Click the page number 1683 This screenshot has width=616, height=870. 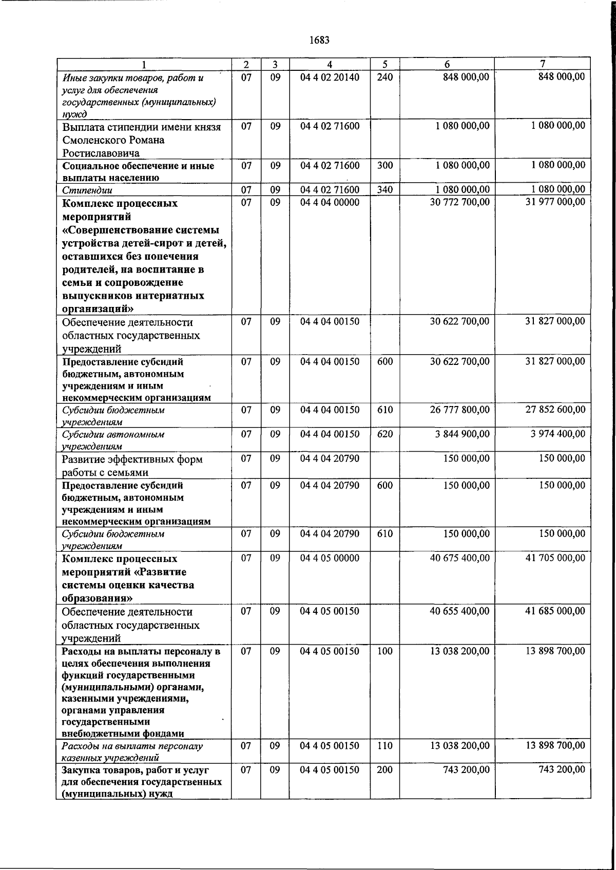click(320, 40)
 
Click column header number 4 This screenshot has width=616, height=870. click(330, 65)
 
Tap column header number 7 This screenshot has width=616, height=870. click(543, 64)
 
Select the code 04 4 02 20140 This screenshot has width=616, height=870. click(330, 78)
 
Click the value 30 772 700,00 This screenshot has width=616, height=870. click(459, 202)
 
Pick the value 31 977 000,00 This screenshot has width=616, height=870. click(555, 202)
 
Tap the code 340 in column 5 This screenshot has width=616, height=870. click(384, 190)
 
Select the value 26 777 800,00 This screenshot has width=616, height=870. click(459, 410)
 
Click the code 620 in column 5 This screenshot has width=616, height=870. click(384, 434)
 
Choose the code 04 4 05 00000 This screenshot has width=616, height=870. click(330, 558)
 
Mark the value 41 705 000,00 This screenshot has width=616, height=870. click(555, 558)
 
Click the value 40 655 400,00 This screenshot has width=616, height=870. click(459, 611)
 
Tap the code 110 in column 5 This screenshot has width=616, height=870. click(384, 746)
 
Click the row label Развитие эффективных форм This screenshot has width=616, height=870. click(132, 459)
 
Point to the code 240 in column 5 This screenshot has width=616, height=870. click(384, 78)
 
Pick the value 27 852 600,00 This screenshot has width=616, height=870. click(555, 410)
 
